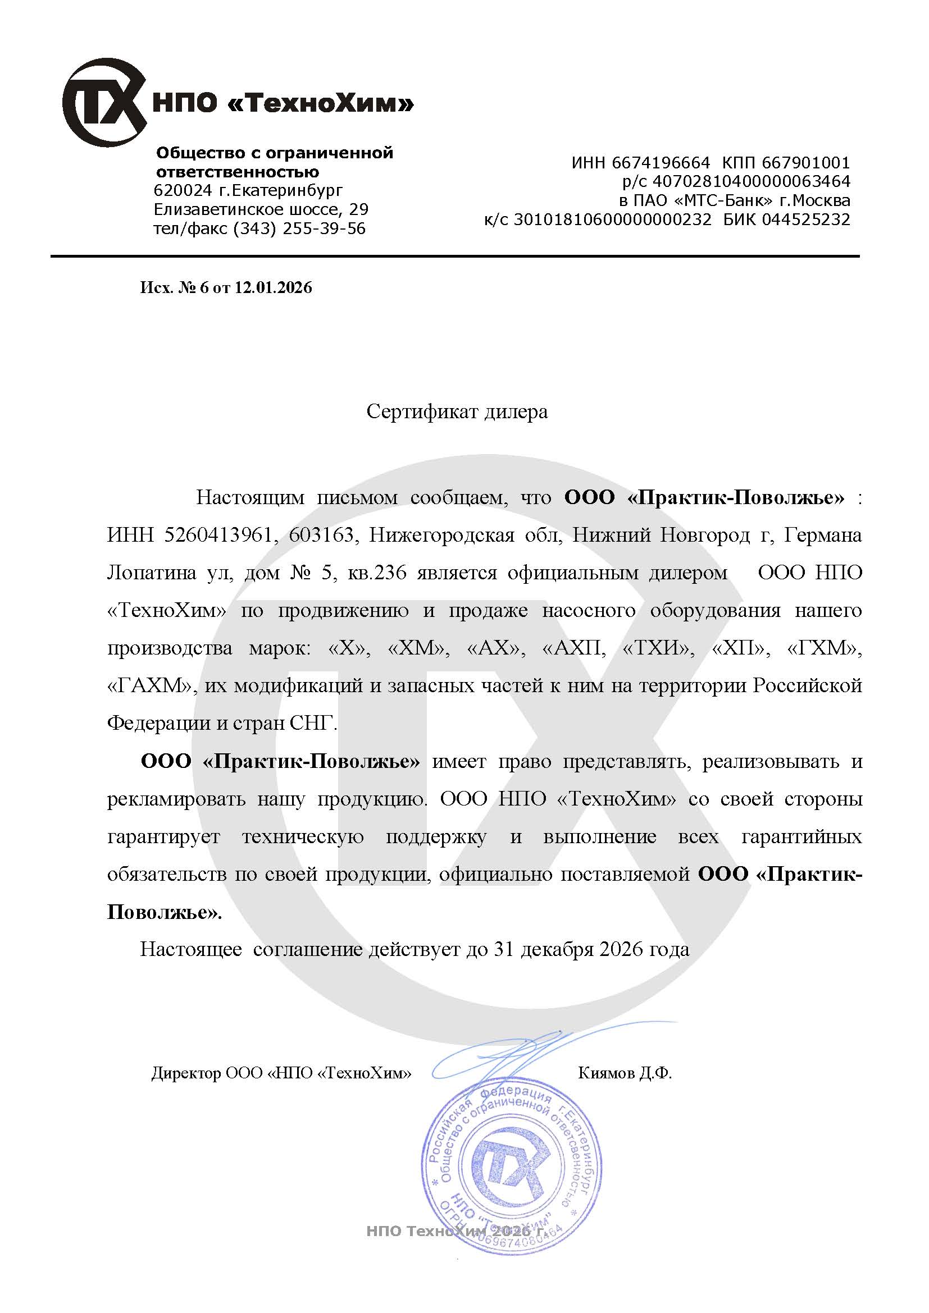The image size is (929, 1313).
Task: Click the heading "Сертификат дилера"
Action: [x=457, y=411]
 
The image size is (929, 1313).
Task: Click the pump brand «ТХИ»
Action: [x=658, y=648]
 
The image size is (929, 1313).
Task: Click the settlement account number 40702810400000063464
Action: [x=752, y=182]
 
